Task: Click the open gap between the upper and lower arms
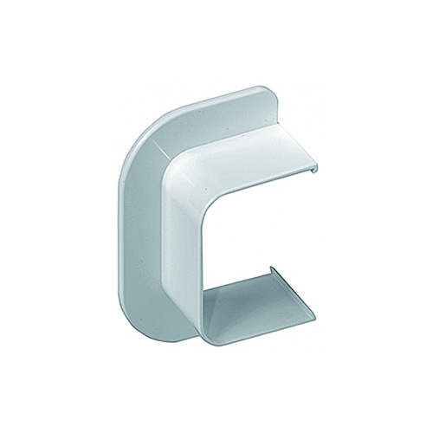260,234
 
